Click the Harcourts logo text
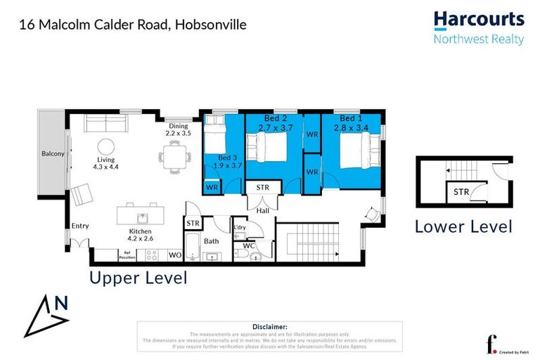coord(478,19)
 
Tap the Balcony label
coord(53,153)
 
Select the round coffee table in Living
coord(106,147)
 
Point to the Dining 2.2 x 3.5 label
coord(178,129)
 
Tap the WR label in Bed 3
coord(212,188)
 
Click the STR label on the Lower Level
coord(461,192)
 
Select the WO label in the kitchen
coord(174,255)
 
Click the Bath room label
coord(212,240)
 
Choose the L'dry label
coord(240,227)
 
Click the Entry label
coord(80,226)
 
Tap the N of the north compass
coord(62,303)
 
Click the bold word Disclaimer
coord(269,327)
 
